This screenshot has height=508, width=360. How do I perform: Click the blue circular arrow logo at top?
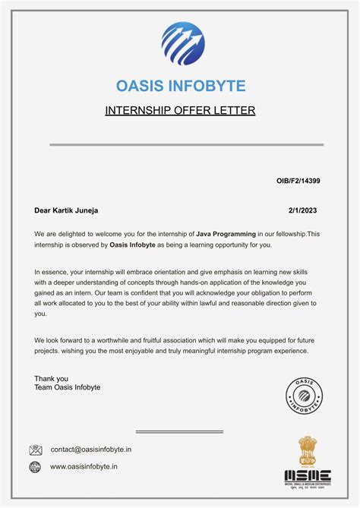point(182,43)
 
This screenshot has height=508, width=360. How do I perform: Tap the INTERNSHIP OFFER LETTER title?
point(180,111)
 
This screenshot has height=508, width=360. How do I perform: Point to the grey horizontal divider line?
point(187,144)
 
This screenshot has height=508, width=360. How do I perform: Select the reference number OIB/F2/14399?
point(298,181)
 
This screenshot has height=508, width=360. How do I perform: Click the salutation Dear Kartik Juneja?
point(66,210)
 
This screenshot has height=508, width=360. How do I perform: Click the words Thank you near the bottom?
point(51,378)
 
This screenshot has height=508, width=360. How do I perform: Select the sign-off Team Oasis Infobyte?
point(67,388)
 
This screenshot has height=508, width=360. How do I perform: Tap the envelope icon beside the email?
point(36,450)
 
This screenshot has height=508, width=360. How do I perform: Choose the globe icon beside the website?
point(36,467)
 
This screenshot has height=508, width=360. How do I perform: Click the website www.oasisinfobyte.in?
point(84,467)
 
